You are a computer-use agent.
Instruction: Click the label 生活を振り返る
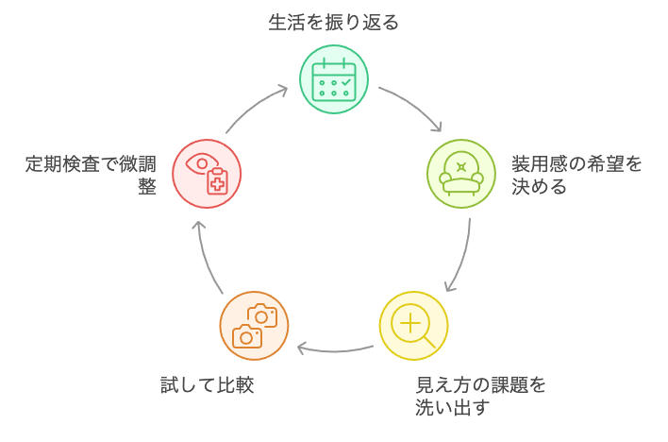(x=333, y=22)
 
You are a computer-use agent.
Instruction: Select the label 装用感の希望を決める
(x=576, y=175)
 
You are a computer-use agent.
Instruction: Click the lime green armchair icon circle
(x=460, y=174)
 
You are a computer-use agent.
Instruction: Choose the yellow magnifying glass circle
(x=413, y=327)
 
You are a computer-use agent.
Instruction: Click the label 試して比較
(x=207, y=384)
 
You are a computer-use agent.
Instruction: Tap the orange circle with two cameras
(x=254, y=326)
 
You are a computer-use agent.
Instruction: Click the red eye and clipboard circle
(x=207, y=174)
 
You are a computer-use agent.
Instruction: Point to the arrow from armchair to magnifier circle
(x=461, y=255)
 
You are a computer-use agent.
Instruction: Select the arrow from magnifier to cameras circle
(x=335, y=348)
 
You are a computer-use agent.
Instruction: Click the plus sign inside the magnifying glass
(x=410, y=323)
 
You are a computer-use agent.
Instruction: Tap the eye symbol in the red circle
(x=199, y=163)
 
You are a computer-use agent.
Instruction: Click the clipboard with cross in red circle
(x=217, y=182)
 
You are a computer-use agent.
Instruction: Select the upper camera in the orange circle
(x=262, y=315)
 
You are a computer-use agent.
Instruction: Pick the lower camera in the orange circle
(x=246, y=336)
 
